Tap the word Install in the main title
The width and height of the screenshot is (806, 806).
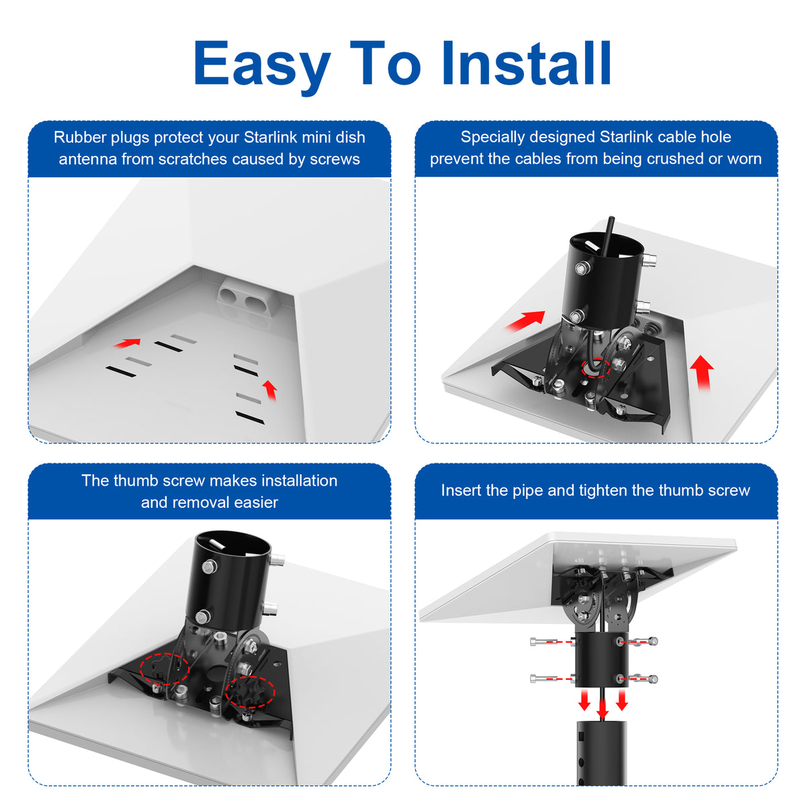pos(526,62)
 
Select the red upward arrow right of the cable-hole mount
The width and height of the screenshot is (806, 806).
pos(702,372)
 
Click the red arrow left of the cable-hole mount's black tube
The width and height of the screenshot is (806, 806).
pos(525,320)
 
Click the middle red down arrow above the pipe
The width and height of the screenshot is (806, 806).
pos(602,708)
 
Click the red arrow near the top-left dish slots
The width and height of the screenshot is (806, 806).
pos(127,343)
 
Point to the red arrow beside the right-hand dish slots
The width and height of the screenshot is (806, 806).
pos(270,390)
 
